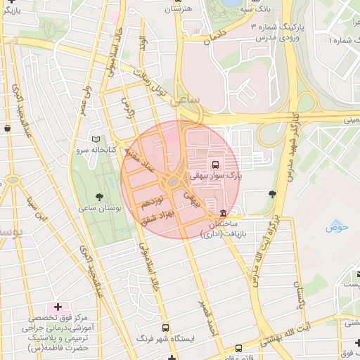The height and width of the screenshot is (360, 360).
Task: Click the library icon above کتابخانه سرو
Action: [96, 139]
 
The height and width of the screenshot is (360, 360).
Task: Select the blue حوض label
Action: [337, 226]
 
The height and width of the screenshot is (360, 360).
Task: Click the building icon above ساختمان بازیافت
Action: [223, 213]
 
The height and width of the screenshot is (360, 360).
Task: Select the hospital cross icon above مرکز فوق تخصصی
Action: [58, 307]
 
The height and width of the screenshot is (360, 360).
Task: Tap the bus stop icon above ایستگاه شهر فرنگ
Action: [165, 327]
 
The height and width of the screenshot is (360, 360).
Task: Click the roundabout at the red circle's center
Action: [173, 182]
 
